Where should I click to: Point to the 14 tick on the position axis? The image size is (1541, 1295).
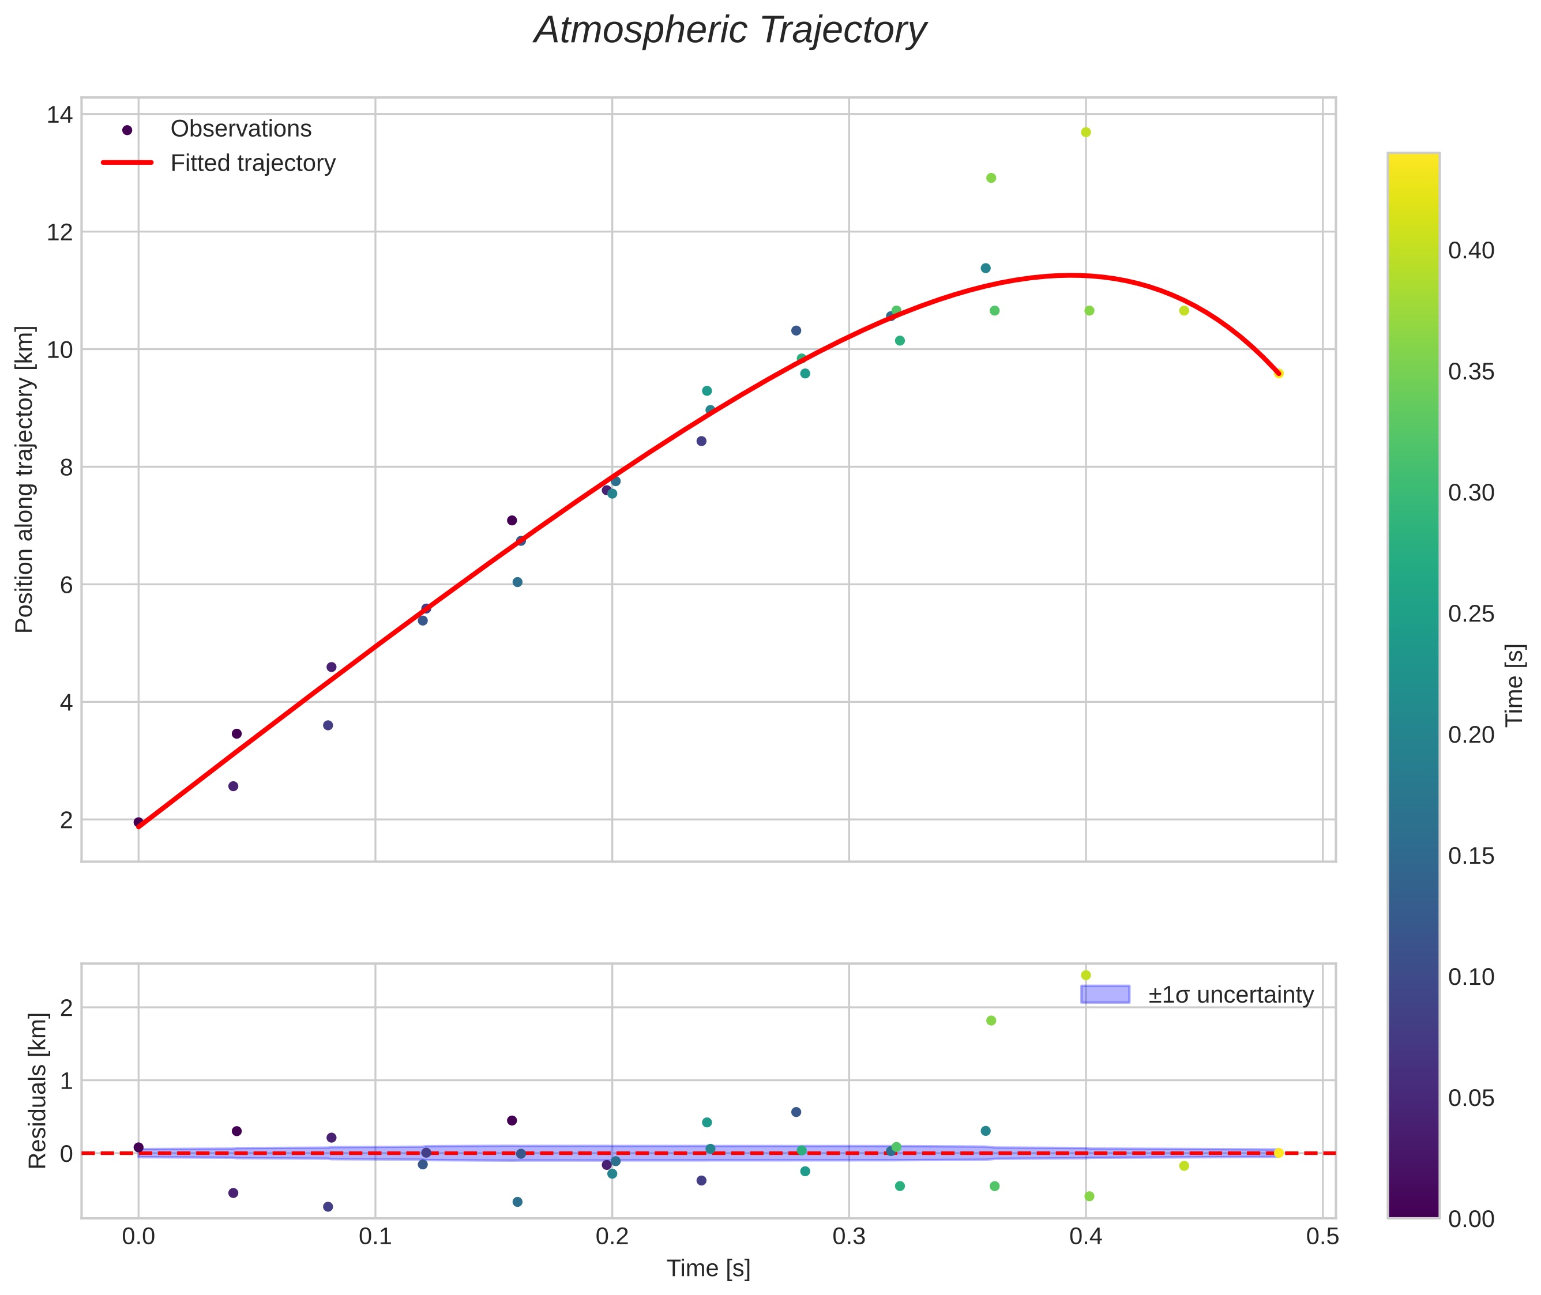coord(59,115)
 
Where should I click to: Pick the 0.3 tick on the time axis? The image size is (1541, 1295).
coord(849,1236)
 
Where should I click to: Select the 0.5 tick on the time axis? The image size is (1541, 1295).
coord(1322,1236)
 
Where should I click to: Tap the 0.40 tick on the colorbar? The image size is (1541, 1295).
coord(1471,251)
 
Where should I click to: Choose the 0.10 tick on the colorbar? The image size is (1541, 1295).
coord(1471,977)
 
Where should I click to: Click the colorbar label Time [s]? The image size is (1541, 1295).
coord(1514,685)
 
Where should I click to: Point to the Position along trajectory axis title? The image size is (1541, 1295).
coord(24,479)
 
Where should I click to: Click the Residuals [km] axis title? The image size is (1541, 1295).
coord(37,1091)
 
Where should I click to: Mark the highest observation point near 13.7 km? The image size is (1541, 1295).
coord(1086,132)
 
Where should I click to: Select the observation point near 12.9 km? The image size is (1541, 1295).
coord(991,178)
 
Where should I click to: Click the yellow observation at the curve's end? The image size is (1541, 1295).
coord(1278,374)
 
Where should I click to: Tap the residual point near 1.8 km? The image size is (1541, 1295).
coord(991,1021)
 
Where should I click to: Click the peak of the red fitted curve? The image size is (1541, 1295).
coord(1070,275)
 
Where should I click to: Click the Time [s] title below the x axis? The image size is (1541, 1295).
coord(708,1268)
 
